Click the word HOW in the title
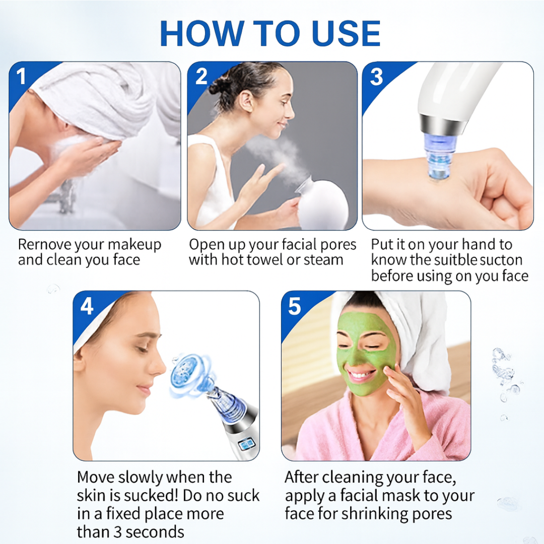pos(199,34)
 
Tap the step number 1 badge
pos(21,77)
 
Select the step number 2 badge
pos(201,77)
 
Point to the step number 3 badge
pos(376,77)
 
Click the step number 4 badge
pos(87,306)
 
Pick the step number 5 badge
pos(295,306)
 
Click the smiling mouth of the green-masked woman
pos(361,375)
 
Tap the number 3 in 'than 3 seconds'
pos(119,532)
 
